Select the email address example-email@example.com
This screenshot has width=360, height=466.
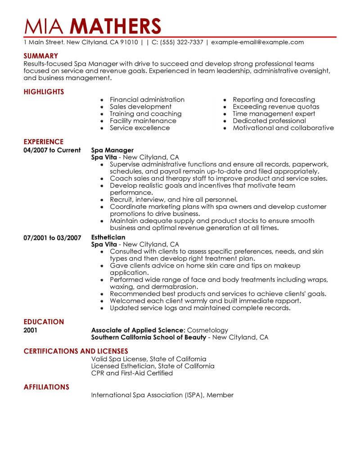pos(257,42)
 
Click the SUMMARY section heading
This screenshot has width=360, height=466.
pos(41,56)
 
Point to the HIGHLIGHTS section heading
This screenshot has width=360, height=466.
pos(44,92)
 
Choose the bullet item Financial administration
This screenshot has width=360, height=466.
pos(147,100)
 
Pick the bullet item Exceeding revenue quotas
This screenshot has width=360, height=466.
pos(276,107)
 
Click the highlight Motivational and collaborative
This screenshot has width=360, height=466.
pos(283,128)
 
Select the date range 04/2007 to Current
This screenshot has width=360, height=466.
pos(52,150)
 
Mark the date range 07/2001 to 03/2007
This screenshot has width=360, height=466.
pos(52,237)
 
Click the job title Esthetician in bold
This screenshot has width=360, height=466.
pos(108,237)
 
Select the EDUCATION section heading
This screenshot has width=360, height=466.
pos(44,322)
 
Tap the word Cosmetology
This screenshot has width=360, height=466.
pos(207,330)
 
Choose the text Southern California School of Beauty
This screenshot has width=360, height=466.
pos(148,337)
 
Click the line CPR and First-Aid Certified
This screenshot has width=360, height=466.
pos(132,373)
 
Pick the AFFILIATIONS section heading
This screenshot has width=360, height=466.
pos(46,387)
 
